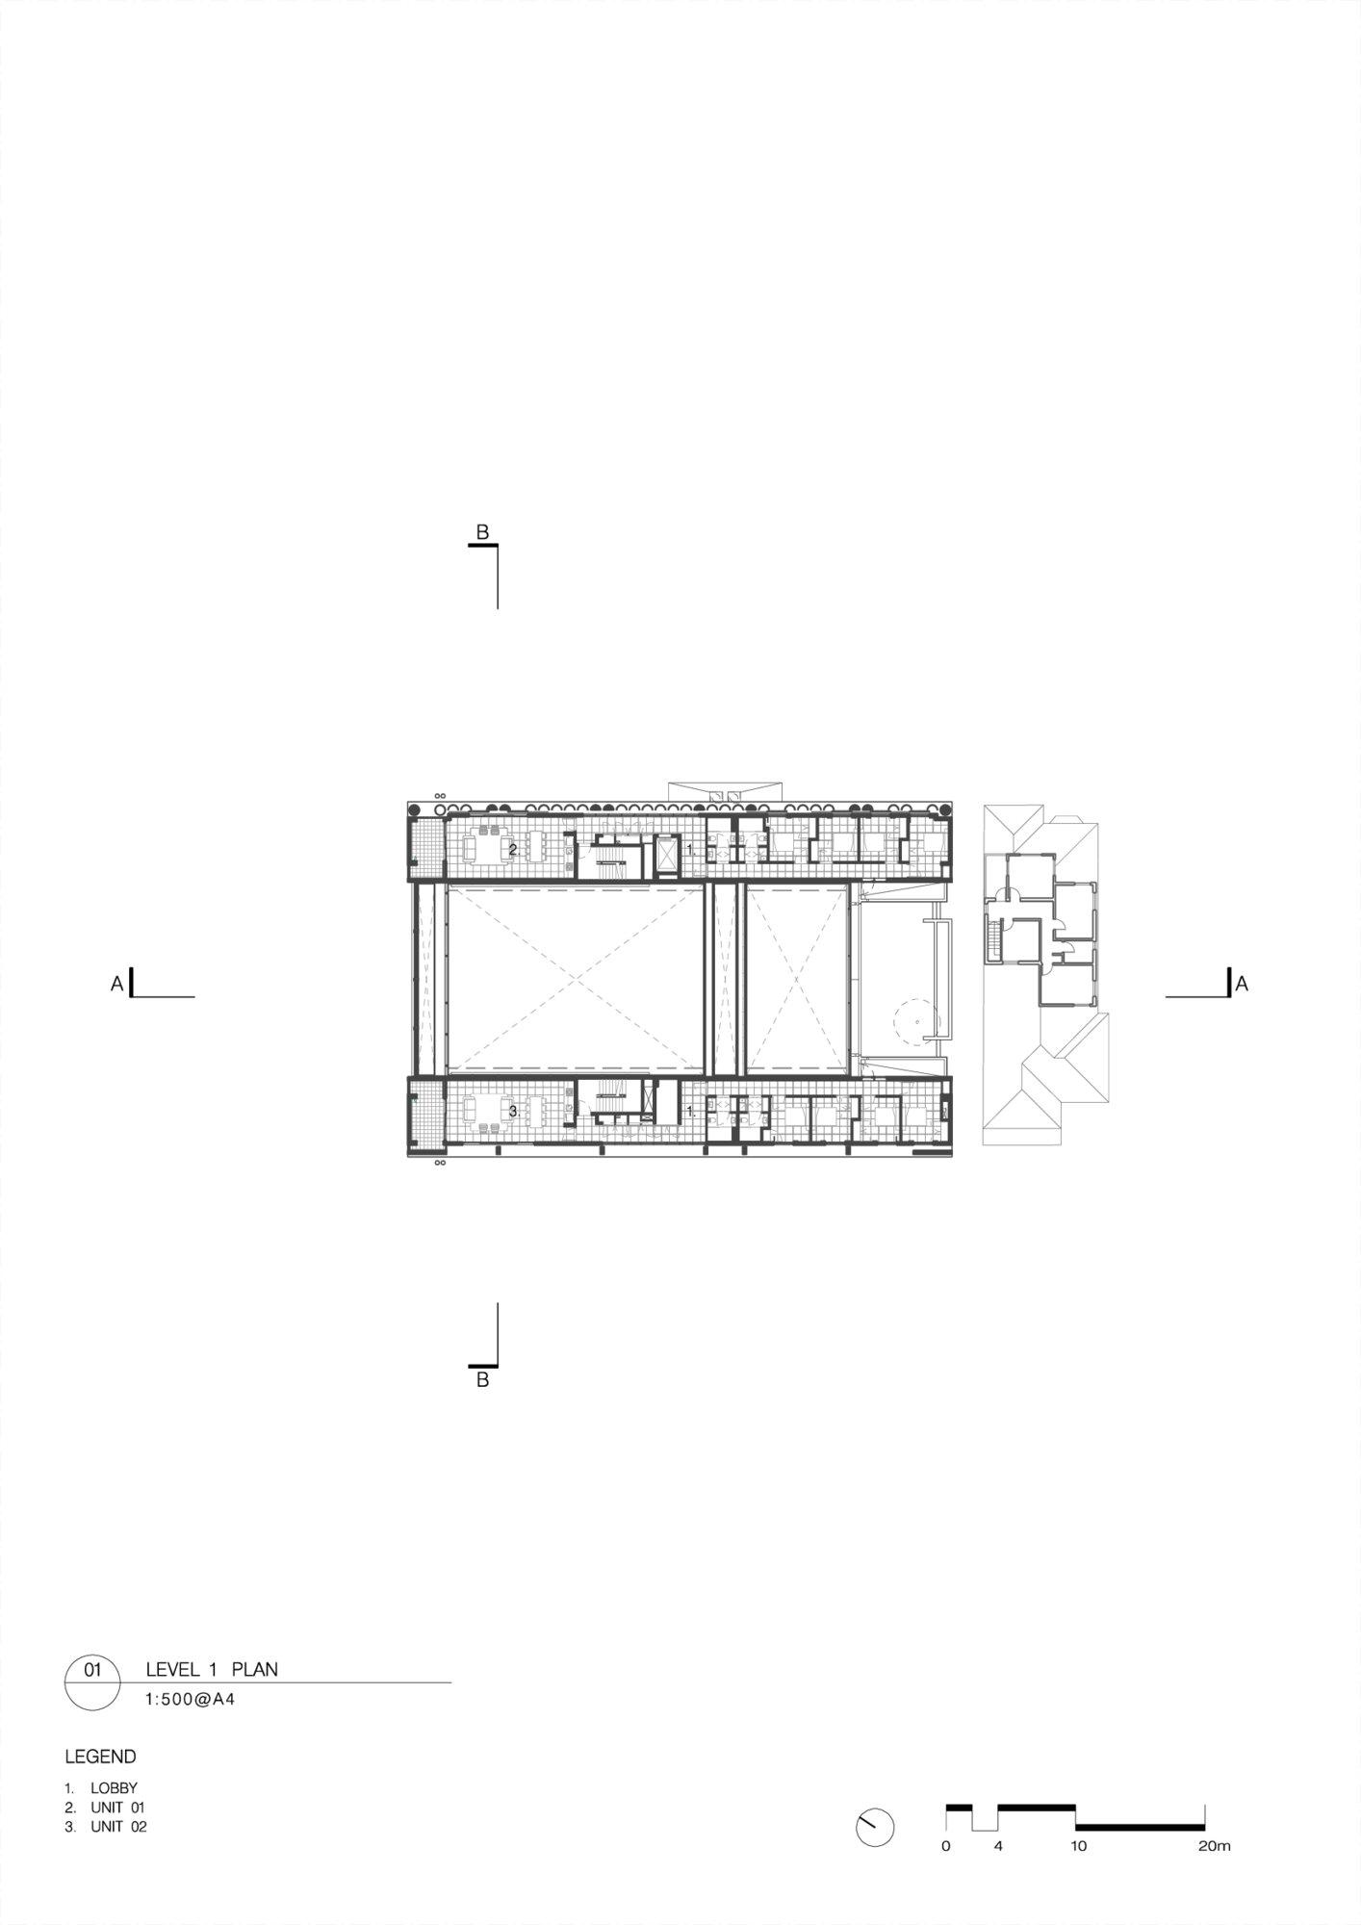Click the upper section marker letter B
tap(483, 532)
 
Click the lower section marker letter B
tap(483, 1380)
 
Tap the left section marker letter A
tap(116, 984)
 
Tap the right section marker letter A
tap(1242, 984)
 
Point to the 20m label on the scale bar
tap(1215, 1846)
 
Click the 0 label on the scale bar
tap(946, 1846)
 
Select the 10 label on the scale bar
tap(1078, 1846)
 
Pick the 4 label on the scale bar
tap(998, 1846)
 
